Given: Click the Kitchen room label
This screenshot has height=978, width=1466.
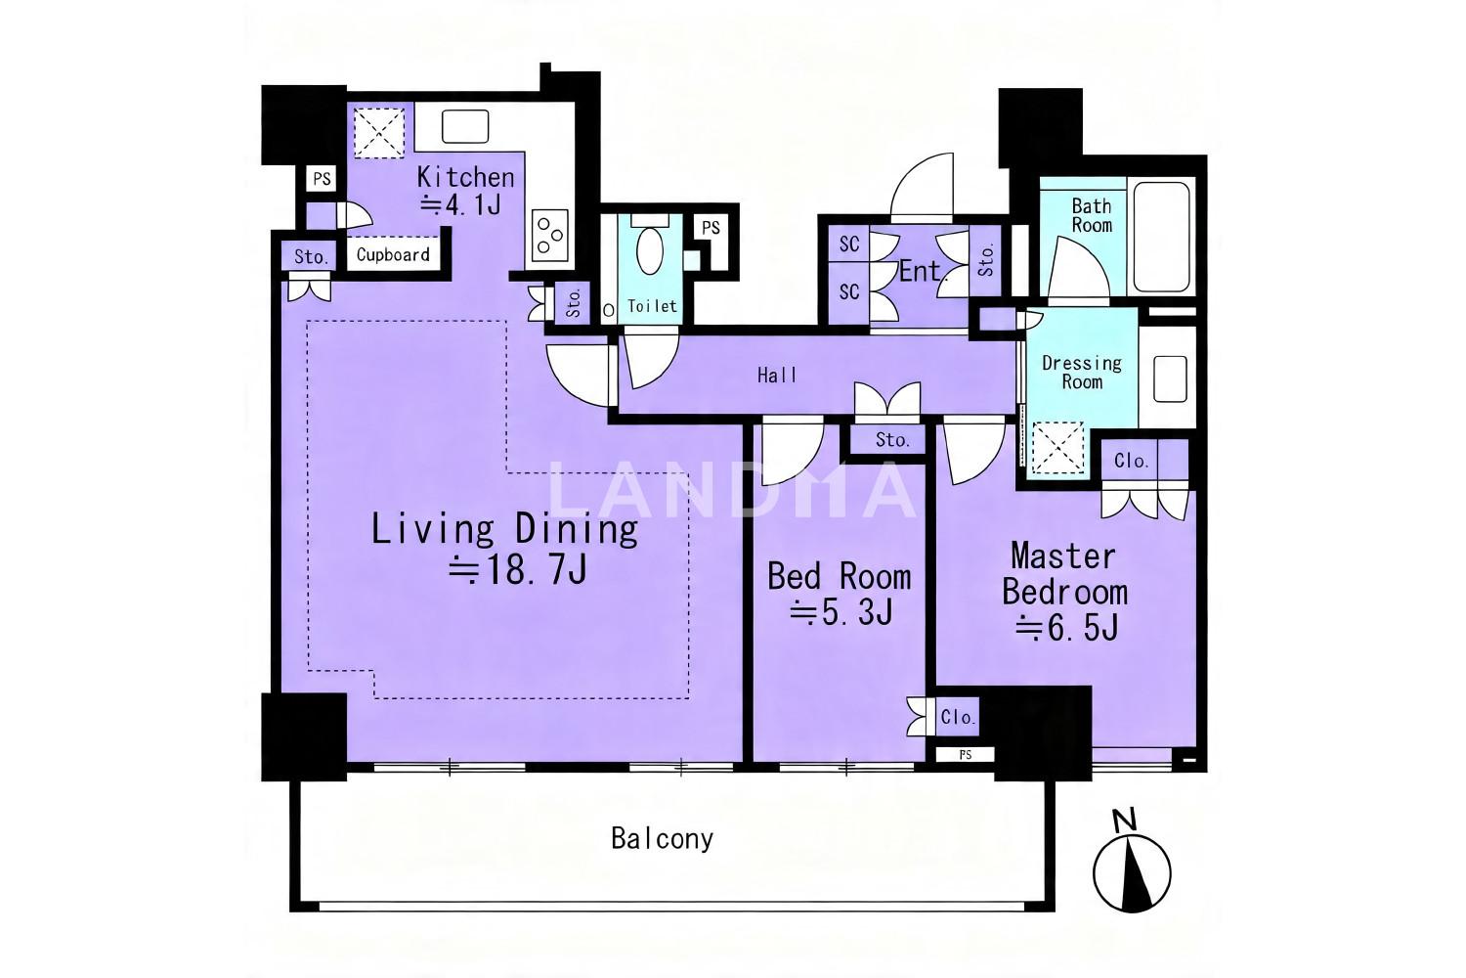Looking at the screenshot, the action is [465, 178].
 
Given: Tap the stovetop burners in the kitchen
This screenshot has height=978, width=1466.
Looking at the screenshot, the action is [549, 235].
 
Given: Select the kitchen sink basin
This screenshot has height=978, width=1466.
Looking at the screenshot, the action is [465, 126].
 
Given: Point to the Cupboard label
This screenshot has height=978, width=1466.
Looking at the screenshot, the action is [393, 255].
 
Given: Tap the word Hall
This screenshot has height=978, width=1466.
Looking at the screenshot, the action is [778, 376].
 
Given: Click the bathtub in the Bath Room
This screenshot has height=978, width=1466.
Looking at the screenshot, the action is [1162, 237].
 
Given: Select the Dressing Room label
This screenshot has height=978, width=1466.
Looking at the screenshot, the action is [1082, 372].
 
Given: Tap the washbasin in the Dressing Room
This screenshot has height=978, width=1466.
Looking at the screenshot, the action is [1170, 378].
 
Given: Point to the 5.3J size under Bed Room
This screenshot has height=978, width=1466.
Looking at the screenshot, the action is [841, 612].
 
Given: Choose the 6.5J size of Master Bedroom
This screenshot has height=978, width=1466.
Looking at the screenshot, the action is [1067, 628].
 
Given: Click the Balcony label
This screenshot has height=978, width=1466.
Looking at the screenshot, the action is [662, 838].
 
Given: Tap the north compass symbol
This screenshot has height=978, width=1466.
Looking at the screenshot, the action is [1132, 864].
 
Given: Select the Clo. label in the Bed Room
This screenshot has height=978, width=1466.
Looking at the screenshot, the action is [958, 717].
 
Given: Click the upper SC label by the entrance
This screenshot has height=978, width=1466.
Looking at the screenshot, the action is [849, 244].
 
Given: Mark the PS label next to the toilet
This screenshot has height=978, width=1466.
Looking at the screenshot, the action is [711, 227].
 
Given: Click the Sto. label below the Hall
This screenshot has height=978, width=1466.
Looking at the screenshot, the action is [892, 439].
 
